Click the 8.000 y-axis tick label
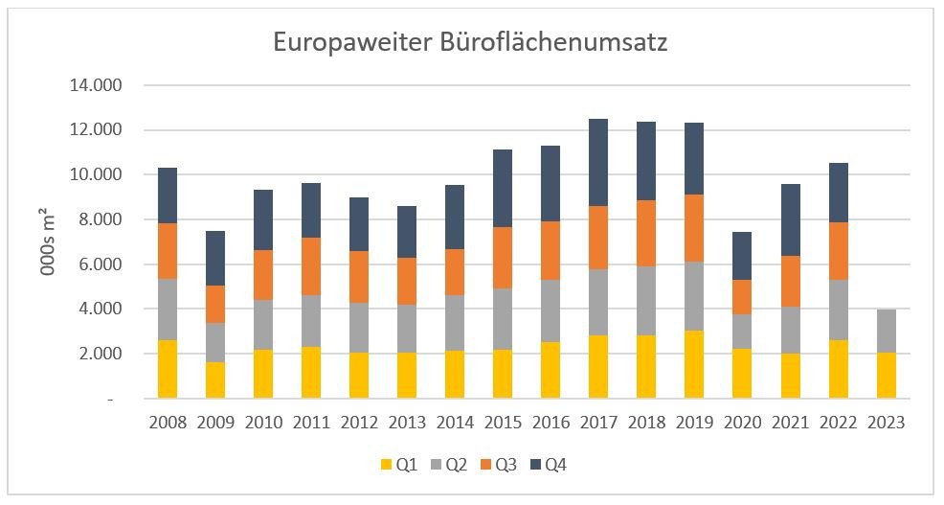[x=99, y=219]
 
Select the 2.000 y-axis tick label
[x=99, y=354]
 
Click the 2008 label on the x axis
[x=167, y=422]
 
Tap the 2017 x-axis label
[x=598, y=422]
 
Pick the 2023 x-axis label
[x=886, y=422]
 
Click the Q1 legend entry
[x=400, y=466]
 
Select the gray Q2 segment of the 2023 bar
[x=886, y=331]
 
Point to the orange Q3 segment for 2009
[x=214, y=304]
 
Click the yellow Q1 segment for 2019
[x=694, y=364]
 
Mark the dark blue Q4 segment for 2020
[x=742, y=255]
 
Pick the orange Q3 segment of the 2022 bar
[x=838, y=251]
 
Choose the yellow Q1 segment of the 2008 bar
[x=167, y=369]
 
